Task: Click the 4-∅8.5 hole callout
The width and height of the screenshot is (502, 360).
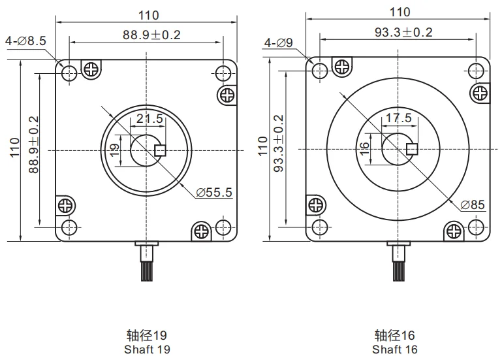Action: [25, 41]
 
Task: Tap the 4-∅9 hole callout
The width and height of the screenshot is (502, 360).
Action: [279, 43]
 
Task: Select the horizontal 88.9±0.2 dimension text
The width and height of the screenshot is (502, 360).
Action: [151, 35]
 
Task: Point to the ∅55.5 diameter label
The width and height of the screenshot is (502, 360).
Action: [214, 192]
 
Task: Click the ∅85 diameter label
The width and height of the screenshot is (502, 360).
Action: [472, 205]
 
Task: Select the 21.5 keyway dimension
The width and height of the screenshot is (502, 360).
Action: [147, 119]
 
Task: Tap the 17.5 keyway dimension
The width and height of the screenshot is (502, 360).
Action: [398, 118]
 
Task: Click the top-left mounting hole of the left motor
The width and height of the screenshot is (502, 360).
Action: [69, 73]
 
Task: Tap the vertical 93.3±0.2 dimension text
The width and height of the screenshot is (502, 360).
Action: [279, 144]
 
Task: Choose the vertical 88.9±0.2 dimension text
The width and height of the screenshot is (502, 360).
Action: [33, 144]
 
